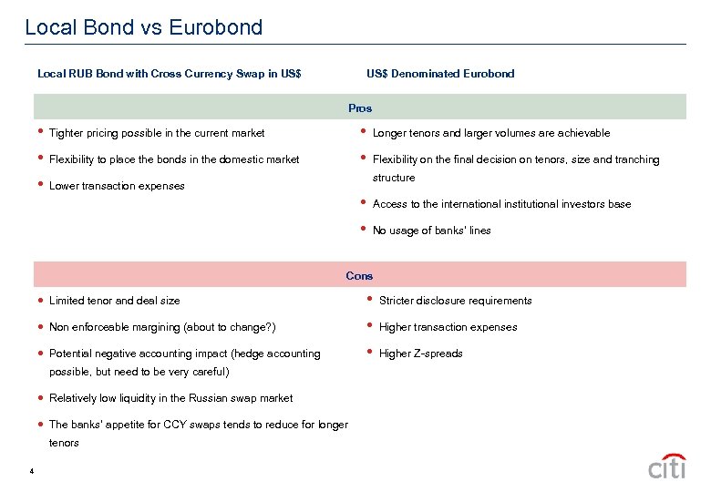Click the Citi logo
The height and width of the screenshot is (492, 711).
tap(667, 466)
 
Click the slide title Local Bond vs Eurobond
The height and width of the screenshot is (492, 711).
tap(143, 27)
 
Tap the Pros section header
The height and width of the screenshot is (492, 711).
tap(360, 108)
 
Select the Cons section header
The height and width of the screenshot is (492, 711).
tap(359, 275)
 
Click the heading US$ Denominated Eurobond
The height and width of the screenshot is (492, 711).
tap(440, 74)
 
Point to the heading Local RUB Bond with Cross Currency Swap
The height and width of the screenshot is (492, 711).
tap(169, 74)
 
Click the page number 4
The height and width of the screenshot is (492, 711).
tap(31, 471)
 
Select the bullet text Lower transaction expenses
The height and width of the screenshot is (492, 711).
tap(117, 186)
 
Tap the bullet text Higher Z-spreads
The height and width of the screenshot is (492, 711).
tap(420, 354)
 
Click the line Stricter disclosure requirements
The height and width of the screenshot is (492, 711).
tap(455, 301)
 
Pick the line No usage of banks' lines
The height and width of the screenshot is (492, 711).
tap(431, 231)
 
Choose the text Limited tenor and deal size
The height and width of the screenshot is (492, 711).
tap(114, 301)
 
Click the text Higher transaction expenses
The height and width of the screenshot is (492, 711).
tap(448, 327)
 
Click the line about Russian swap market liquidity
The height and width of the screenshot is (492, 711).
tap(170, 398)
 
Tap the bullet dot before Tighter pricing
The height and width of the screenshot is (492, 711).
tap(39, 132)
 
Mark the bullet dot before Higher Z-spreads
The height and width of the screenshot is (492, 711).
tap(367, 353)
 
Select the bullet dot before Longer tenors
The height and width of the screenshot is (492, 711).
tap(364, 132)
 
